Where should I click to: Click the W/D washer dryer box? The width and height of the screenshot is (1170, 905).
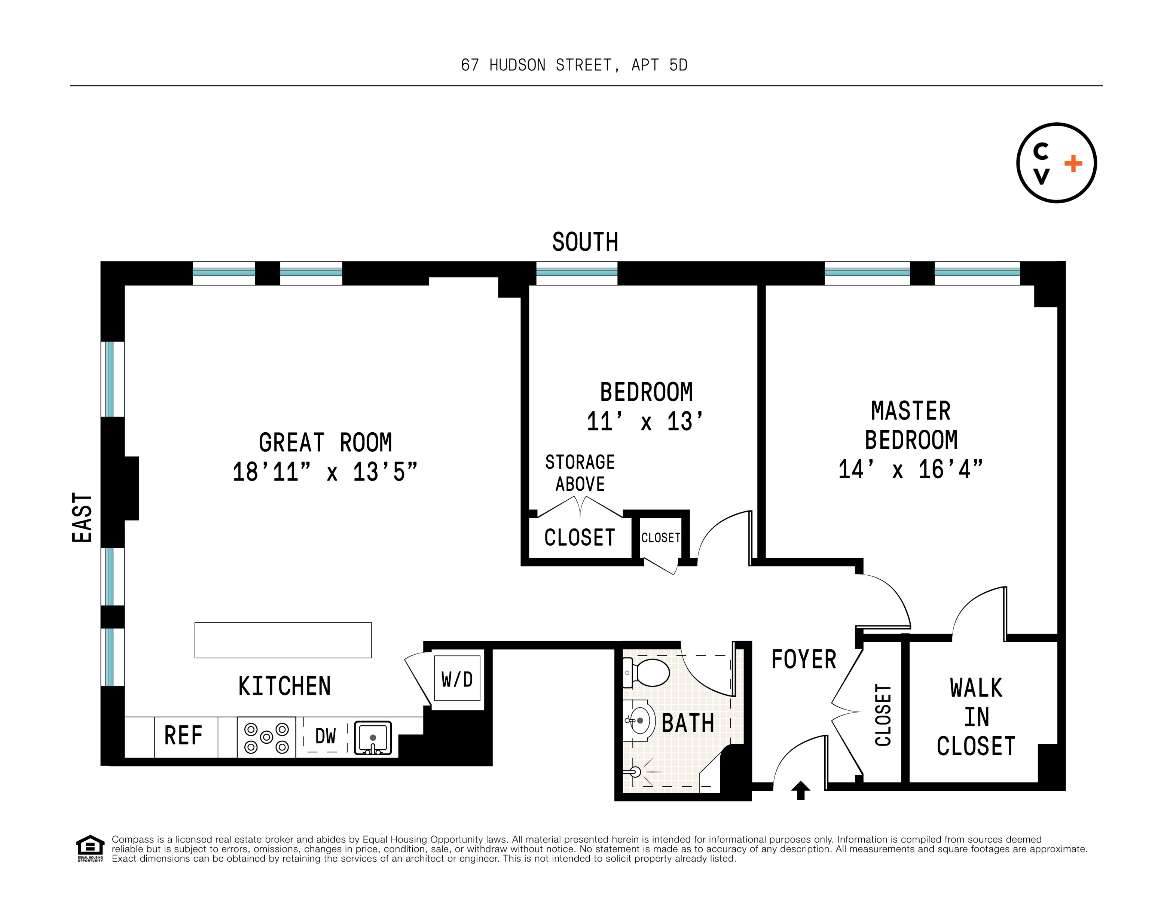click(457, 678)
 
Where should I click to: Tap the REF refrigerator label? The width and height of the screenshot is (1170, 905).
click(183, 736)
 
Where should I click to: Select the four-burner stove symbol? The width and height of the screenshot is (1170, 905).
click(266, 738)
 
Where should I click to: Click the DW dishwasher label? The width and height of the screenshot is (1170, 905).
click(325, 736)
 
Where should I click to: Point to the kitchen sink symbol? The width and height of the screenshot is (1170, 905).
click(373, 738)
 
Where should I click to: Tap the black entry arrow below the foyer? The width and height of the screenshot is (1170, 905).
click(800, 790)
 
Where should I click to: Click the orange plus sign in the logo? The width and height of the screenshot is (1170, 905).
click(1073, 164)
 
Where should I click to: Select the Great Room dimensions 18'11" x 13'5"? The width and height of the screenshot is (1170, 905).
click(325, 472)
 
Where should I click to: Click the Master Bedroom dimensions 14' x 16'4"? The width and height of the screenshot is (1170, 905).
click(910, 469)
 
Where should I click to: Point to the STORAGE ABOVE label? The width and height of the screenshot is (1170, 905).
click(580, 473)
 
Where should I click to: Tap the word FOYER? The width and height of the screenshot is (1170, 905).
click(804, 659)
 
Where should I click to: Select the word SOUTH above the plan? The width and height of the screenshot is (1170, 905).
click(585, 242)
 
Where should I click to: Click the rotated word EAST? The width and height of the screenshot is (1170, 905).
click(82, 518)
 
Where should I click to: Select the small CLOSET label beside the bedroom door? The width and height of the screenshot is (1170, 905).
click(660, 537)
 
